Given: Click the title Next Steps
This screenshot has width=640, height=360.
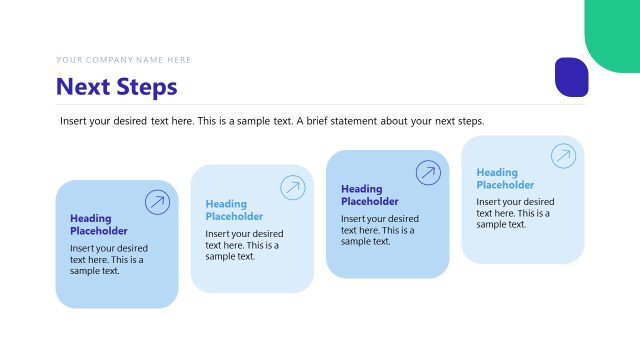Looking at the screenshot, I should point(117,87).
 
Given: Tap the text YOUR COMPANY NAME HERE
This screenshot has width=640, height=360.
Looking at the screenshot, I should point(124,60).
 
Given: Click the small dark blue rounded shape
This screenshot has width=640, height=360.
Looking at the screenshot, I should point(571,77).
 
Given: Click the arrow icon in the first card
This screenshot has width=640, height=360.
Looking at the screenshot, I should point(157,202).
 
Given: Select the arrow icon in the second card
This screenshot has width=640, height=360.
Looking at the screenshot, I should point(292,187).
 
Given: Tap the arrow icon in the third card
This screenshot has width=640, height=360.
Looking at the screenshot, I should point(428,172).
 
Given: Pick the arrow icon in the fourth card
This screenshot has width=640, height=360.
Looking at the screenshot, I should point(563,156).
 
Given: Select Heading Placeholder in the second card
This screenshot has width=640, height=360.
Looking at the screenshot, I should point(234,210).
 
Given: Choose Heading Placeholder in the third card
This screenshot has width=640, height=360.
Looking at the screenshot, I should point(370,195).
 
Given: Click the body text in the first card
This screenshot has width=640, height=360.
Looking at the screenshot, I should point(109,259).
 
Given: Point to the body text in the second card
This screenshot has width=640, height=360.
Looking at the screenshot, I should point(244,244).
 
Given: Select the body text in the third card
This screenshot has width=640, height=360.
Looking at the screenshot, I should point(380,230).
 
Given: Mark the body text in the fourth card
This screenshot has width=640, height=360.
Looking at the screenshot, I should point(515,213).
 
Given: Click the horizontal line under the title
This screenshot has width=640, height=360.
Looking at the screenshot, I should point(320,104).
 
